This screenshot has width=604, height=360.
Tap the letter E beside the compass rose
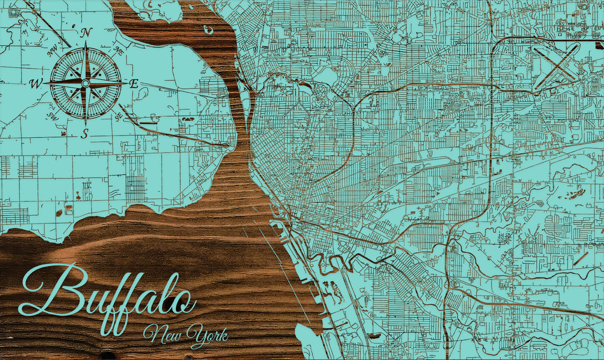tap(134, 84)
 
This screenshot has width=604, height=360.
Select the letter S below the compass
tap(86, 133)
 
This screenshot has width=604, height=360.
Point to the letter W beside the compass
tap(36, 84)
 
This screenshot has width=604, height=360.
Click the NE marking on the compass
tap(118, 50)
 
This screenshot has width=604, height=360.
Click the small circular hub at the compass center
tap(86, 83)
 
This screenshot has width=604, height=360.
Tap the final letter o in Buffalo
tap(182, 301)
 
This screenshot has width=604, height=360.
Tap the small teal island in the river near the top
tap(208, 30)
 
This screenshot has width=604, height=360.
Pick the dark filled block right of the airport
tap(599, 43)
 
